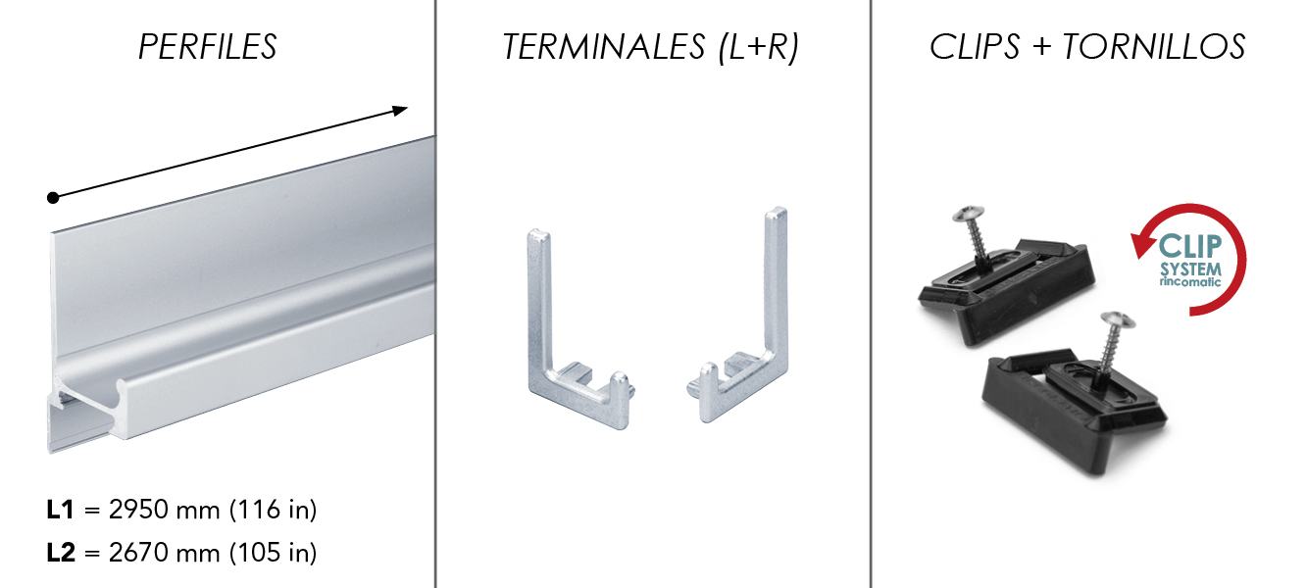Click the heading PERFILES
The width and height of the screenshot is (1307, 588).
(207, 47)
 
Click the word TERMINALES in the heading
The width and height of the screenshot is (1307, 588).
(604, 47)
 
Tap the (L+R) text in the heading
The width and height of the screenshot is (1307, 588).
(759, 48)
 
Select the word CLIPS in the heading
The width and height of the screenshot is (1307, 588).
(975, 47)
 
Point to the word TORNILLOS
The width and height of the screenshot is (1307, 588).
(1154, 47)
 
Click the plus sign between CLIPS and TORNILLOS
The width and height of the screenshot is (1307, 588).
(1041, 48)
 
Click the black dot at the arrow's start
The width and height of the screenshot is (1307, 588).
(53, 198)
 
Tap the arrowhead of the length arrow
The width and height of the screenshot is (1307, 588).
(400, 110)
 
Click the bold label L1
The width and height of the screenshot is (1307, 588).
(60, 510)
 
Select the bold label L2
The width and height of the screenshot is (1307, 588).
(61, 553)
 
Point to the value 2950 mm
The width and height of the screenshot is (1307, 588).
(164, 510)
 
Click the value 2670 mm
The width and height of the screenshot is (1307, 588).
(164, 553)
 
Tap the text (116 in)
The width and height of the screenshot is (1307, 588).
(274, 510)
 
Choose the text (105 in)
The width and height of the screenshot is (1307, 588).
(274, 553)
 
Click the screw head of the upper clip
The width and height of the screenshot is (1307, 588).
(969, 214)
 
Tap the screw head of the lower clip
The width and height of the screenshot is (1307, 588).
(1118, 320)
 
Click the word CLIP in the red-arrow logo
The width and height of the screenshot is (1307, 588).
(1190, 247)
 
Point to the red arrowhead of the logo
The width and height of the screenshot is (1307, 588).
(1143, 244)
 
